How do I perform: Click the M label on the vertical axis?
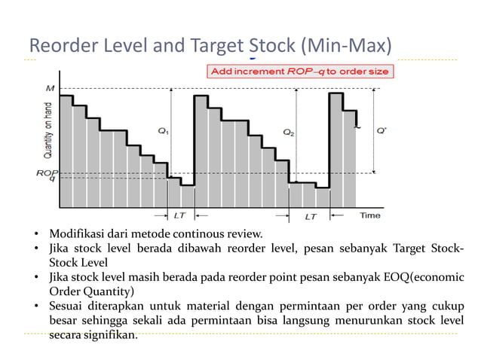(51, 87)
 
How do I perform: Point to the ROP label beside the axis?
(45, 172)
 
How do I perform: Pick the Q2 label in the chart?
(289, 132)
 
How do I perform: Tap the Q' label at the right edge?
(382, 130)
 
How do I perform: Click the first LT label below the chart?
(179, 215)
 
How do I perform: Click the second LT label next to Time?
(311, 216)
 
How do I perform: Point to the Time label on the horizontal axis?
(369, 215)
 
